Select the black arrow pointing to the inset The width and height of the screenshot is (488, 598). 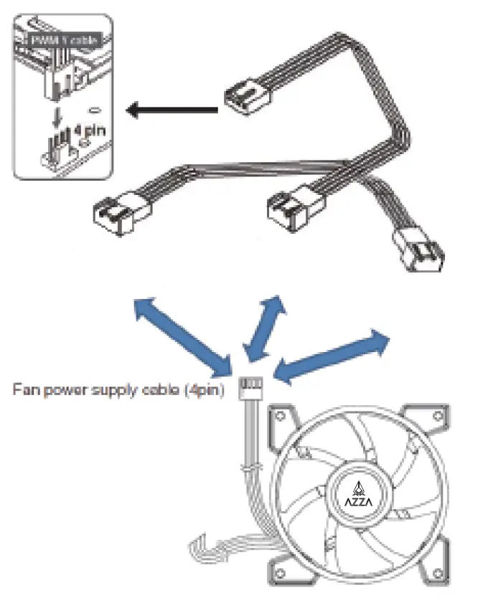point(172,110)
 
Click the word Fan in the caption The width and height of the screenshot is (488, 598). point(24,391)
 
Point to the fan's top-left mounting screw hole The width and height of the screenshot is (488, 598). point(280,415)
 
